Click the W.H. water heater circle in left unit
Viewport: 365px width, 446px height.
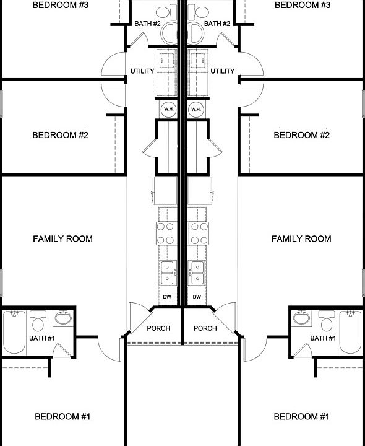[168, 110]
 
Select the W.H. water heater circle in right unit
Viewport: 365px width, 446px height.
[197, 110]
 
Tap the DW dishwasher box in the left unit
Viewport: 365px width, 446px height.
[168, 297]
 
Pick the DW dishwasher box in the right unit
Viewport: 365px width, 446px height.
[197, 297]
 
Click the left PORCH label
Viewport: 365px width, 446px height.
[158, 328]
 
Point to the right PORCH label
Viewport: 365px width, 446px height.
[205, 328]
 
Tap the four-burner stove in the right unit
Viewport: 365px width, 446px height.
[199, 234]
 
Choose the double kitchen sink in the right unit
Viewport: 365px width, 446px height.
[199, 273]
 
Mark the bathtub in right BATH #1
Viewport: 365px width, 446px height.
[350, 332]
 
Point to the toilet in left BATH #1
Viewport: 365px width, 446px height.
[38, 323]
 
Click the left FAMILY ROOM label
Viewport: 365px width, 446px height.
[62, 238]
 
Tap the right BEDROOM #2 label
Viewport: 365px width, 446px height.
[302, 135]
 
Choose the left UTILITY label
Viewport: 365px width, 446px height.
[142, 71]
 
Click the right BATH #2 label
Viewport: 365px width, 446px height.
[217, 24]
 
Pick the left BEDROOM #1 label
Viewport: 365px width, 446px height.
[62, 417]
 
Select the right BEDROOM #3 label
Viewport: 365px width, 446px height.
[302, 5]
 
